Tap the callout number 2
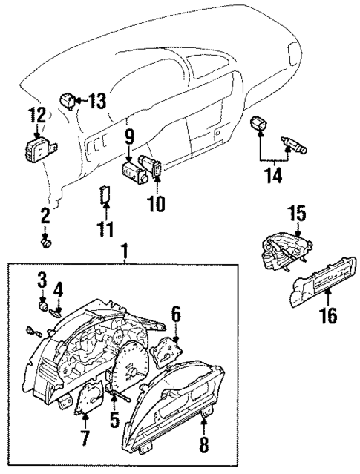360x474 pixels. coord(45,216)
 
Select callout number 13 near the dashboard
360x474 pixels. coord(98,99)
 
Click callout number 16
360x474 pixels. coord(328,315)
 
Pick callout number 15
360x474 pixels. coord(297,214)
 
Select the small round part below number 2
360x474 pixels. coord(46,240)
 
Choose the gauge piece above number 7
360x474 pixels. coord(89,400)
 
